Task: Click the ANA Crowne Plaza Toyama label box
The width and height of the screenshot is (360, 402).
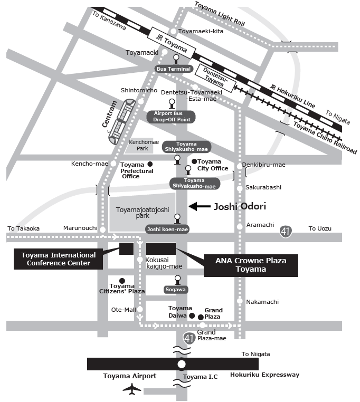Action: click(251, 265)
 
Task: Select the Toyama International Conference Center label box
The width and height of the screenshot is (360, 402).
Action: click(58, 259)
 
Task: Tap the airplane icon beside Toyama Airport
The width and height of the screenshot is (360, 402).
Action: click(132, 389)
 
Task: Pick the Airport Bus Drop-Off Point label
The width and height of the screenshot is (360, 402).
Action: click(171, 117)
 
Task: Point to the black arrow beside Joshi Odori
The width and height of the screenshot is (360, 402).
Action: click(199, 207)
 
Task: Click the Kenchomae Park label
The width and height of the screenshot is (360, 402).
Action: click(139, 146)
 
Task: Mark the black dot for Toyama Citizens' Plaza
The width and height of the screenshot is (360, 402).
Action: click(122, 281)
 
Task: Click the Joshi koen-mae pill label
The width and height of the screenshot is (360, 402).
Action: click(167, 229)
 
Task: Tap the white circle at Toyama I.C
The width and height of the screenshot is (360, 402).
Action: click(182, 364)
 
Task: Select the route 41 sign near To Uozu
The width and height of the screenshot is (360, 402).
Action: click(286, 231)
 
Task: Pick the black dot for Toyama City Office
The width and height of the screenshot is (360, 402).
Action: click(194, 161)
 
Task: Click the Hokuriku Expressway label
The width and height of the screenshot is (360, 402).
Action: click(264, 375)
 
